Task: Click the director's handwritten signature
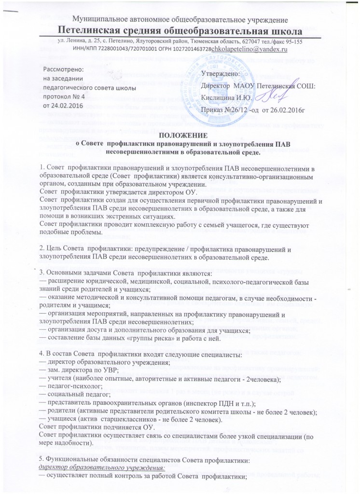pyautogui.click(x=266, y=96)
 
